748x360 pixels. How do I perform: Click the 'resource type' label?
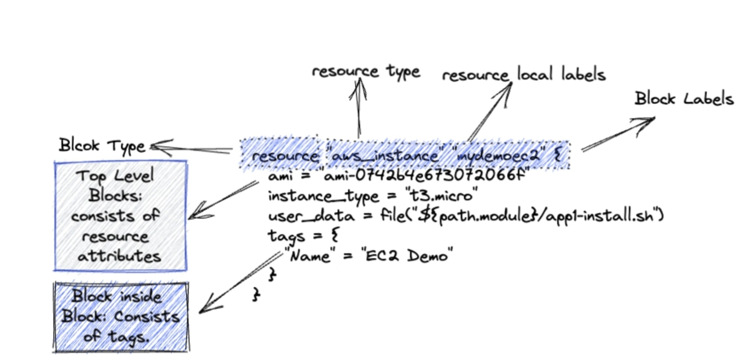tap(366, 72)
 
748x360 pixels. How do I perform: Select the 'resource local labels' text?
tap(523, 74)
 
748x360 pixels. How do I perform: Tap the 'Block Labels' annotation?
tap(684, 99)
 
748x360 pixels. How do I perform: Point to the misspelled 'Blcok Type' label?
tap(102, 146)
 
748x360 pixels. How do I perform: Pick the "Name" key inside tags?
tap(309, 256)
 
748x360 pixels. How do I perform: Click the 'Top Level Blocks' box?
tap(120, 216)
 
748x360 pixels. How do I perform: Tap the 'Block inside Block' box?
tap(121, 317)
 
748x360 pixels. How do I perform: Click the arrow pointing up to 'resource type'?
tap(358, 107)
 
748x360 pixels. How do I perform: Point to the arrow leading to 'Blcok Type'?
tap(192, 149)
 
